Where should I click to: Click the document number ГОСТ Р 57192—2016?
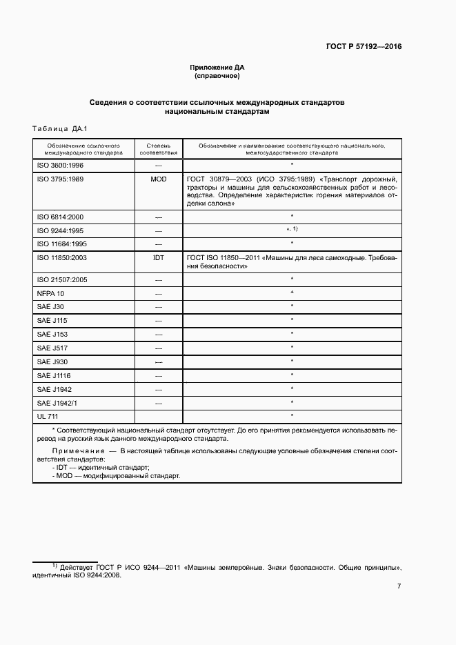pos(364,47)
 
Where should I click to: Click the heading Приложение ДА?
pos(217,67)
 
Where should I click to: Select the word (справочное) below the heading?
pos(217,76)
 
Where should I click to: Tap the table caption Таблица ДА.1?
pos(61,129)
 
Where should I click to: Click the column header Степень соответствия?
pos(158,149)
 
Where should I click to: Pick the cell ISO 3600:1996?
pos(60,166)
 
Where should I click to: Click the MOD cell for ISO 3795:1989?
pos(158,179)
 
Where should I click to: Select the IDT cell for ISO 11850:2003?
pos(158,257)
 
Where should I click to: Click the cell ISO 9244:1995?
pos(60,230)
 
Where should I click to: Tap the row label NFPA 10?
pos(50,292)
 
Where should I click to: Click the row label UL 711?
pos(47,417)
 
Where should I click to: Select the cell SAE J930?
pos(52,361)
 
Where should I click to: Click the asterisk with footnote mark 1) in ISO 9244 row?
pos(293,229)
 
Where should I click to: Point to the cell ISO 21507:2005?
pos(61,279)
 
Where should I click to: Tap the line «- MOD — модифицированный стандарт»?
pos(115,475)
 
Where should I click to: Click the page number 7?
pos(399,586)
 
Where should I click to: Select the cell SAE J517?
pos(52,348)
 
